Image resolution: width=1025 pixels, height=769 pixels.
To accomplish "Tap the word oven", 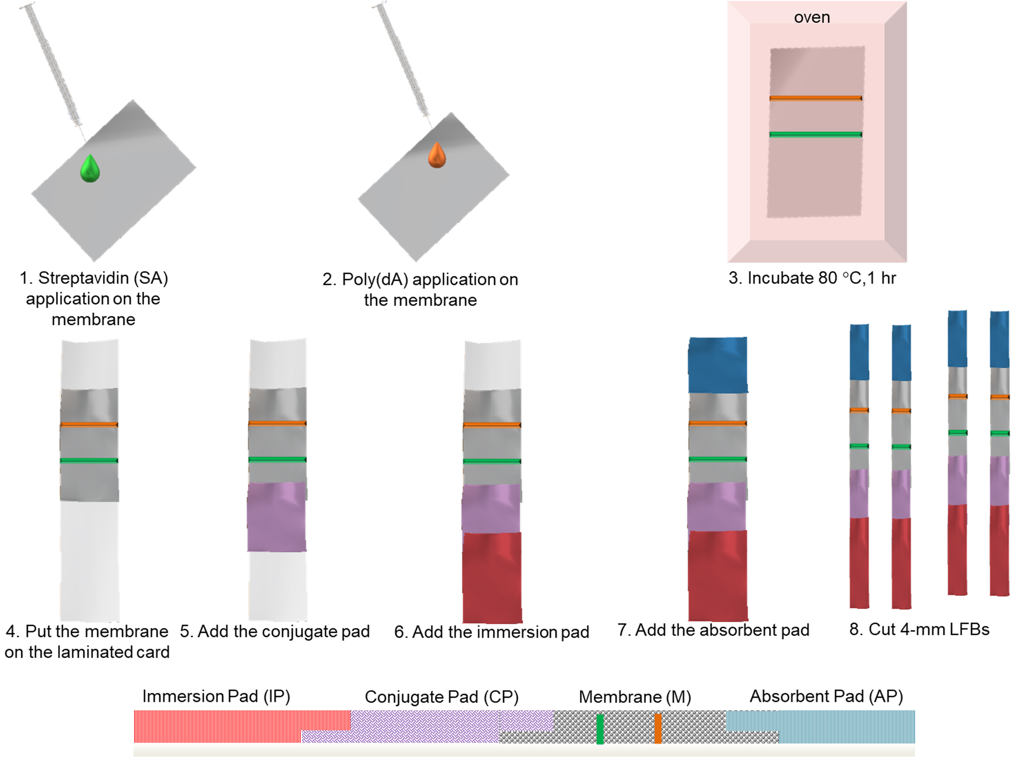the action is pos(812,18).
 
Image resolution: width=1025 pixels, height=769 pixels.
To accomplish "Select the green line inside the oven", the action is pos(816,134).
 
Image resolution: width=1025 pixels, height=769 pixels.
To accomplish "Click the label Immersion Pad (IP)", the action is pos(216,696).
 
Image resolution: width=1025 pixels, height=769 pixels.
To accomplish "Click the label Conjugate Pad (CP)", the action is pos(442,697).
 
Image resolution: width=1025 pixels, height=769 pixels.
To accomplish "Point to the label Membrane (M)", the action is pos(635,697).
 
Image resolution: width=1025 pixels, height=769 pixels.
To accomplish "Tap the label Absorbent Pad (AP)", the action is pos(826,696).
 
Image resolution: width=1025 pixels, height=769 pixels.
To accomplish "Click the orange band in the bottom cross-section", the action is pos(658,729).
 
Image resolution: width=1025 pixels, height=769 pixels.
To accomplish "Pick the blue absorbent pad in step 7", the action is pos(717,365).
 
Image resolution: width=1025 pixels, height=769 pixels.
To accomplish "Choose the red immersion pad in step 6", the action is pos(492,577).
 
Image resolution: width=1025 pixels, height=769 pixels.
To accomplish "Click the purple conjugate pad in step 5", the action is pos(277,517).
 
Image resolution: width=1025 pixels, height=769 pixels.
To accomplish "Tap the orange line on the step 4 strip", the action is pos(89,425).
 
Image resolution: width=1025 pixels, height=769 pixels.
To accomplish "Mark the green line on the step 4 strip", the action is pos(89,461).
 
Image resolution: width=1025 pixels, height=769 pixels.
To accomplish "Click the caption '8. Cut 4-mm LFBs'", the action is pos(919,629).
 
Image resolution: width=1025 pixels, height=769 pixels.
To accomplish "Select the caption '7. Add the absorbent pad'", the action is pos(714,630).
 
